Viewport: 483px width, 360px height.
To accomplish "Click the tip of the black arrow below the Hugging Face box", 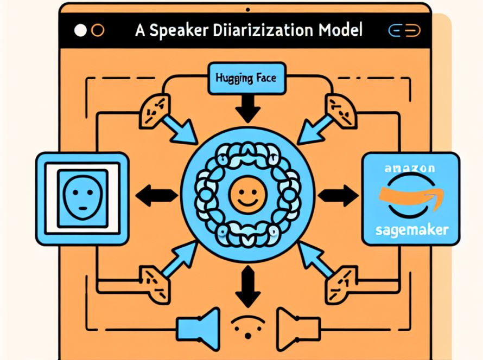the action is pyautogui.click(x=248, y=123).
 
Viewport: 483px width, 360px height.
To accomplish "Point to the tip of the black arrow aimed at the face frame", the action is pyautogui.click(x=136, y=195).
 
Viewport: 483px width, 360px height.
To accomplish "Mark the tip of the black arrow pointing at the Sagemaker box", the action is pyautogui.click(x=358, y=195).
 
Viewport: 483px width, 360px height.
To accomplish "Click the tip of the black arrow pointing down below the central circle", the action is pyautogui.click(x=248, y=307).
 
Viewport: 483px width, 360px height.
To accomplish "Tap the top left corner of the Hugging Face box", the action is pyautogui.click(x=209, y=63).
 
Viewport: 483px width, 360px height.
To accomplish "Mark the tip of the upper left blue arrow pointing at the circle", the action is pyautogui.click(x=197, y=144).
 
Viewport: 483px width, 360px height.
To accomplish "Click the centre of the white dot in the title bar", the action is pyautogui.click(x=80, y=30).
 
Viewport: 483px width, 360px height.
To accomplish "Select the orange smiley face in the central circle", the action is pyautogui.click(x=247, y=195).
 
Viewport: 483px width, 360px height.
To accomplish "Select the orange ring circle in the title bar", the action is pyautogui.click(x=98, y=30).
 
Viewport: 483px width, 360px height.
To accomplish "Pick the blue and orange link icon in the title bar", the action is pyautogui.click(x=404, y=30).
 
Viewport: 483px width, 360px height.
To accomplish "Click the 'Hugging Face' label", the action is pyautogui.click(x=246, y=78).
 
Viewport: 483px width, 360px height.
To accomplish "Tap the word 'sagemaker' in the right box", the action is pyautogui.click(x=412, y=230).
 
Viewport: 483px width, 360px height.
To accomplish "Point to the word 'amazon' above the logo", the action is pyautogui.click(x=410, y=168).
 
